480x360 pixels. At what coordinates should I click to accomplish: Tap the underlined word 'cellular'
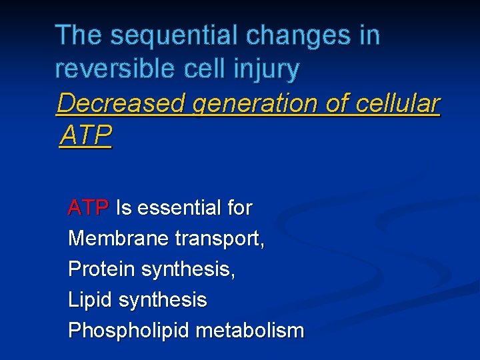pyautogui.click(x=398, y=103)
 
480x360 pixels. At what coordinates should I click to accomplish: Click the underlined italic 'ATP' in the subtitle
pyautogui.click(x=85, y=136)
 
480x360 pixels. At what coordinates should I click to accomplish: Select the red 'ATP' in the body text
pyautogui.click(x=88, y=208)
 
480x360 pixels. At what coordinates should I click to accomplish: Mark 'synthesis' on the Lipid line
pyautogui.click(x=163, y=300)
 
